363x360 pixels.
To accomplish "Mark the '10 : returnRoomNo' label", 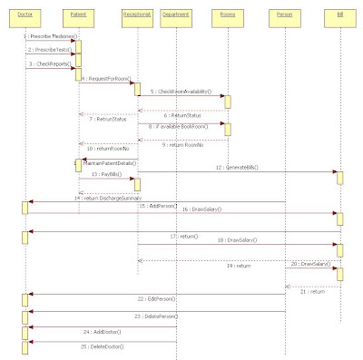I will [106, 148].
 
